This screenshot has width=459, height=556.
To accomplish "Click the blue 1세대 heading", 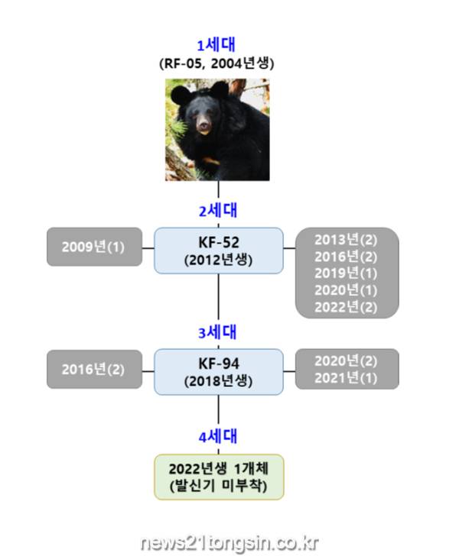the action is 216,45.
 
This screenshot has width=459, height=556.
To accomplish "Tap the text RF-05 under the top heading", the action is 180,64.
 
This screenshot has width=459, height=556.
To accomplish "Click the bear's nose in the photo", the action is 204,126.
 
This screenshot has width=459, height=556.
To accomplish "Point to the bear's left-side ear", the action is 181,95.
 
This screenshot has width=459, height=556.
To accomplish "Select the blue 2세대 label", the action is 218,211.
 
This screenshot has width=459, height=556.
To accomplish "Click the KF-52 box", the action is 219,251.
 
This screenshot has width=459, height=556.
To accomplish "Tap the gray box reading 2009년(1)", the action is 95,247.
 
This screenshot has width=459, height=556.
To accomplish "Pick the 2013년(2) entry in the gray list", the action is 346,240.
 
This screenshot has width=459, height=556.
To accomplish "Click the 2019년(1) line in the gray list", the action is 346,273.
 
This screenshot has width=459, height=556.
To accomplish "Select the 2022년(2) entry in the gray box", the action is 346,307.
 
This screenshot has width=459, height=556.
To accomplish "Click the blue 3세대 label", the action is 217,333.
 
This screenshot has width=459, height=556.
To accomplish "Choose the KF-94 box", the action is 219,372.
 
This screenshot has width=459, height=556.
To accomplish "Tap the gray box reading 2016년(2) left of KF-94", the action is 95,369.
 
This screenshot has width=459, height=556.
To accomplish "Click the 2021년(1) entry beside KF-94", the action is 346,378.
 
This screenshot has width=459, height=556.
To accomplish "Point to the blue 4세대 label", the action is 218,437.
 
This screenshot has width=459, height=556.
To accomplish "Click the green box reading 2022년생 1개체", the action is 219,477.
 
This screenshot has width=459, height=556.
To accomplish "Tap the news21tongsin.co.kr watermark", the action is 229,543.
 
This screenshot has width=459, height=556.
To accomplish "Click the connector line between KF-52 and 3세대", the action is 218,297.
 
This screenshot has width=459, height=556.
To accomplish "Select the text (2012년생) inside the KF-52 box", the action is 219,260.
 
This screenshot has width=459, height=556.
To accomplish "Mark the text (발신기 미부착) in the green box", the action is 219,486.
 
